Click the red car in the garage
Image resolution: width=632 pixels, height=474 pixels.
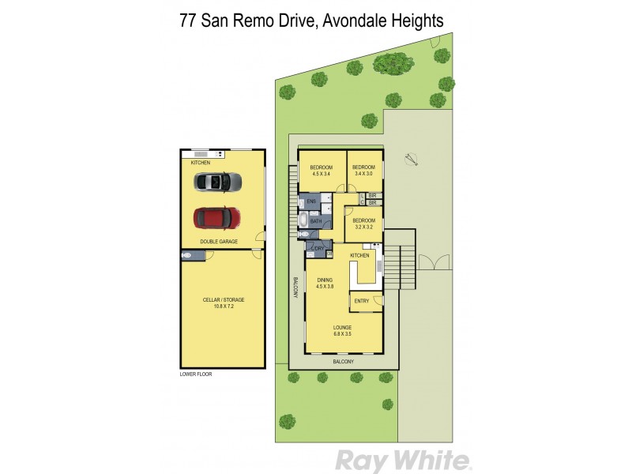click(216, 215)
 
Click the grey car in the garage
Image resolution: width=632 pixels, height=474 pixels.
click(216, 182)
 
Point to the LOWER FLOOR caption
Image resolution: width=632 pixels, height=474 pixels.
click(195, 374)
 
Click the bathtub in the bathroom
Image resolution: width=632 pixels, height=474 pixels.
click(303, 221)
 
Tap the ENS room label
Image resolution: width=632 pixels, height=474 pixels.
click(310, 202)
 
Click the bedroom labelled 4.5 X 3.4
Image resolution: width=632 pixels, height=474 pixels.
click(321, 170)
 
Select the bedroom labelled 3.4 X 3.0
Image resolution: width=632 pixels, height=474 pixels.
click(363, 170)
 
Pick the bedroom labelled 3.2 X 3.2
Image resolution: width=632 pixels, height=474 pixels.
click(363, 223)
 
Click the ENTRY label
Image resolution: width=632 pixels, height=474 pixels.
click(362, 300)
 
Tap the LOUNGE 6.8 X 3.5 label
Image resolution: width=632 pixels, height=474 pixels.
click(342, 330)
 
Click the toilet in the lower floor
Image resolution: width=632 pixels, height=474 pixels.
click(188, 255)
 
